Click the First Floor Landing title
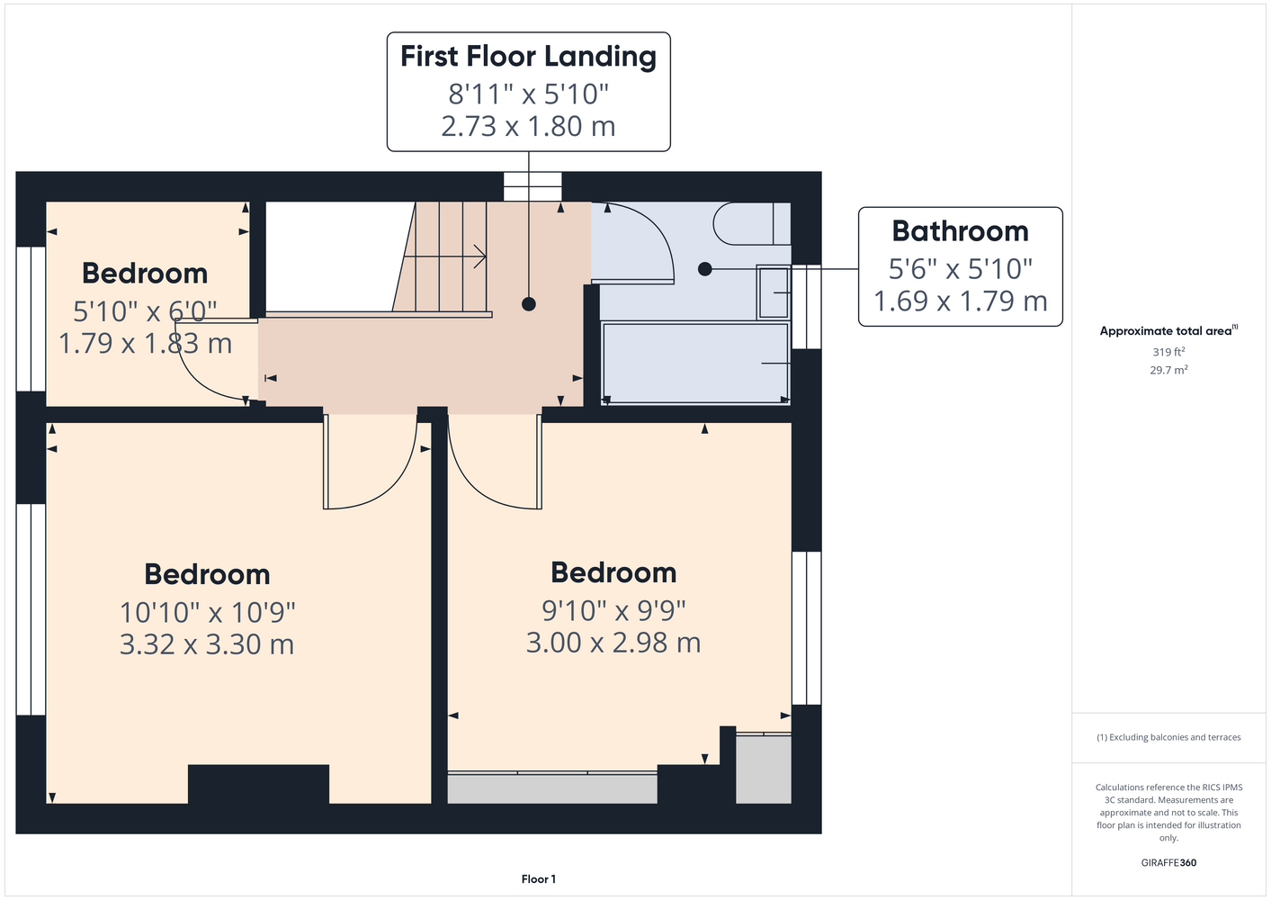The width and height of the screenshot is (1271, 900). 528,57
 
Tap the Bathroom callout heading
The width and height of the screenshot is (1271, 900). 960,231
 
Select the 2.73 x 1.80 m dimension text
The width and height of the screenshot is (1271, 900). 528,126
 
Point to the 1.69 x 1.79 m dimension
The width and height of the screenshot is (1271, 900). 960,301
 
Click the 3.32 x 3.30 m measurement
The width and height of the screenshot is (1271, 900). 207,644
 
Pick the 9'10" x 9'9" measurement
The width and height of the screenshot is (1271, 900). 613,611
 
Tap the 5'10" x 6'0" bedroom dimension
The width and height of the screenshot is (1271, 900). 145,311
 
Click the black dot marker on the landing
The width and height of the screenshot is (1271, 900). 529,304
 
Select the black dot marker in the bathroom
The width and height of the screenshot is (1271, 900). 704,269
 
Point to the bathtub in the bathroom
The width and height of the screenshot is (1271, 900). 695,363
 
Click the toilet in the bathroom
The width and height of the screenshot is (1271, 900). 751,224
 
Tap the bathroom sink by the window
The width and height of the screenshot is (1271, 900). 774,292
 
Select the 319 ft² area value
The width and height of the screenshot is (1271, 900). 1168,352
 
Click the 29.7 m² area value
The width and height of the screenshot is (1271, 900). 1168,370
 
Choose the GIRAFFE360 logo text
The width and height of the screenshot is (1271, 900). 1168,863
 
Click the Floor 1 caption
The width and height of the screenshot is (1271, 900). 539,879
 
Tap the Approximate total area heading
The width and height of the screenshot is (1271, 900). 1168,331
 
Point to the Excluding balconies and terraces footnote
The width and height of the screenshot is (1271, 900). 1168,738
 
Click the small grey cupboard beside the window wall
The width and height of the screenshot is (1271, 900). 764,769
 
